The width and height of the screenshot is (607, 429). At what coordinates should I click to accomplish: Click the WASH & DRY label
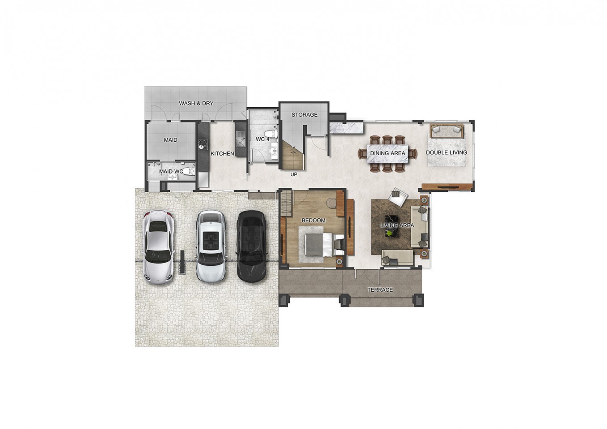click(196, 103)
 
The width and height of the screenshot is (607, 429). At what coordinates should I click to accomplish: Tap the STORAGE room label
click(304, 115)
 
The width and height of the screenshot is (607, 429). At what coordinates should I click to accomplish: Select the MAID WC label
click(171, 172)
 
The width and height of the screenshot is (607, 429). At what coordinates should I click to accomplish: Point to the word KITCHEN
click(222, 154)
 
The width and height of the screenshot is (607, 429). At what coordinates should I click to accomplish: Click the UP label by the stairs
click(294, 175)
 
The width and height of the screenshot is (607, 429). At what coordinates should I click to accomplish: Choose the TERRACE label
click(380, 290)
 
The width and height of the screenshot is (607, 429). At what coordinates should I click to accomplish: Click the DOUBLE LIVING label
click(446, 152)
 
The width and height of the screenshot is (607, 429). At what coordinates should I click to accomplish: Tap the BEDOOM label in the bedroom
click(313, 220)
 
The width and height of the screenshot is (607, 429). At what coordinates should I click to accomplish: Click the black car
click(252, 246)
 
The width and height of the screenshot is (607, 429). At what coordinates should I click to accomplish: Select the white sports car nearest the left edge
click(159, 247)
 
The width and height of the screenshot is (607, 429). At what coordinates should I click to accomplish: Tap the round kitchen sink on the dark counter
click(202, 147)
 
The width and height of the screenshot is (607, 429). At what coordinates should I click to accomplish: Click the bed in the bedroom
click(324, 245)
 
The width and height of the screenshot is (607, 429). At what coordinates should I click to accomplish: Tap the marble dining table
click(388, 154)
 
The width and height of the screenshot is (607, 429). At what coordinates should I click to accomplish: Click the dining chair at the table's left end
click(363, 154)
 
